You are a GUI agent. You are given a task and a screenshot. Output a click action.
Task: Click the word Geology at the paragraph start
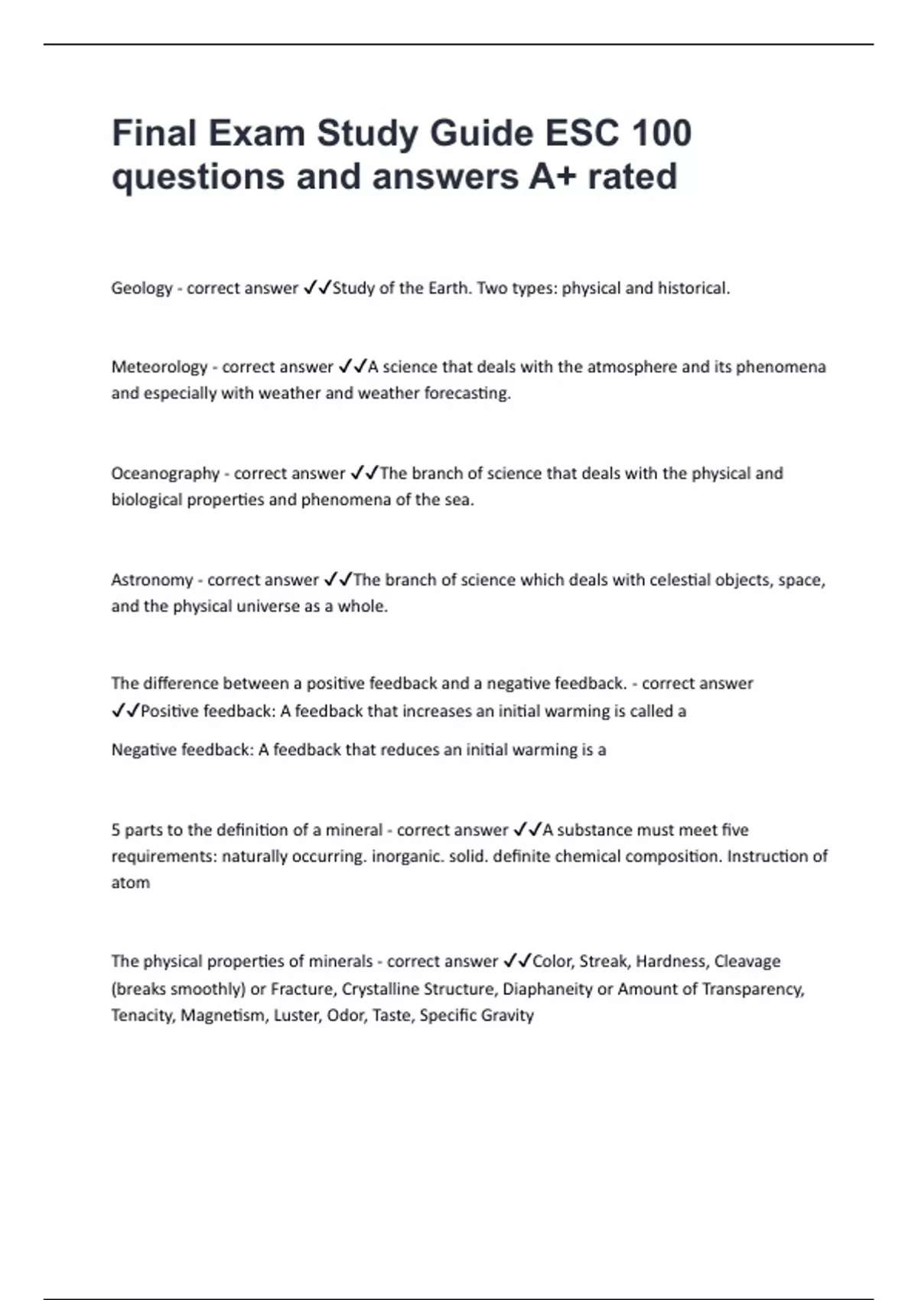pyautogui.click(x=142, y=288)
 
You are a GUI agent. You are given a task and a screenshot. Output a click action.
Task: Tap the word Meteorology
pyautogui.click(x=159, y=367)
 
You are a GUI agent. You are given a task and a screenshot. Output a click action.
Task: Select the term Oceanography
pyautogui.click(x=165, y=473)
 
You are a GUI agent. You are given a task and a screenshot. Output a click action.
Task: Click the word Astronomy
pyautogui.click(x=152, y=580)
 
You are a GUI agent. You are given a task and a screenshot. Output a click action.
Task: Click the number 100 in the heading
pyautogui.click(x=662, y=133)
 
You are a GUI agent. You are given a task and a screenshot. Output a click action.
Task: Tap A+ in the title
pyautogui.click(x=550, y=176)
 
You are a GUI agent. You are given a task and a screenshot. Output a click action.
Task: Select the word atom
pyautogui.click(x=130, y=882)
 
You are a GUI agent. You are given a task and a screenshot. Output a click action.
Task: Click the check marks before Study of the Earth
pyautogui.click(x=317, y=288)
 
